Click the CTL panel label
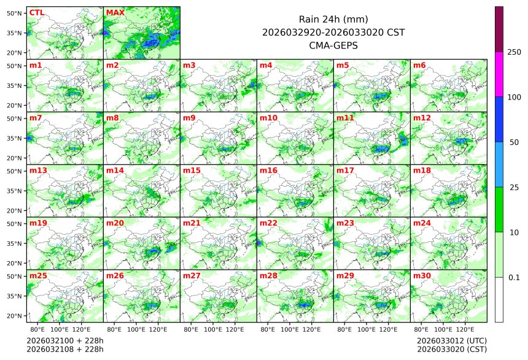coord(36,12)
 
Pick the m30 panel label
coord(422,276)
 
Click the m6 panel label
coord(419,65)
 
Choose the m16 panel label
coord(268,170)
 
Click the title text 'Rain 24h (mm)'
coord(333,19)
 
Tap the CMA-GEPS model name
coord(333,45)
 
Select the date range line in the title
coord(333,32)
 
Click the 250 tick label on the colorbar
coord(514,52)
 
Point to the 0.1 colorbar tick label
coord(514,277)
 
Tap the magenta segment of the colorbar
coord(499,74)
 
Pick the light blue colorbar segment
coord(499,164)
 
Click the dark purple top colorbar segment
coord(499,29)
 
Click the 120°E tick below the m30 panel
coord(465,329)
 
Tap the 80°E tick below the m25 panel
coord(45,329)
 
